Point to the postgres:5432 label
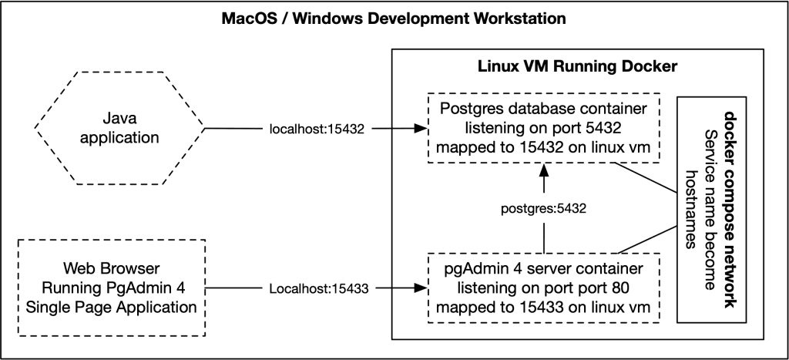544,208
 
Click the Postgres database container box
543,128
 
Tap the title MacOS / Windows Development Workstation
394,16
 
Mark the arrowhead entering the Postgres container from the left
421,129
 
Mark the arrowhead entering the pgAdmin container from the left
421,289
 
